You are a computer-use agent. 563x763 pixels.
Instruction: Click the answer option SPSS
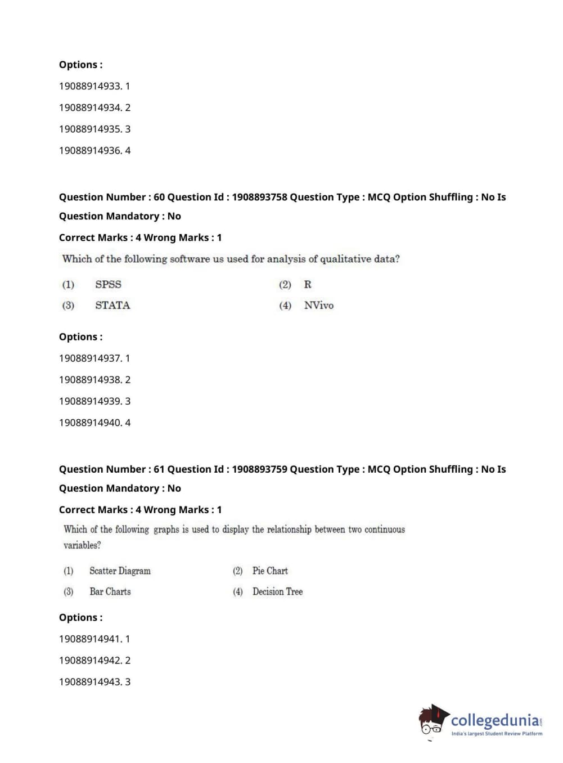108,285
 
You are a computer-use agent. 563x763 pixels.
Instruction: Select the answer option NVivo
318,306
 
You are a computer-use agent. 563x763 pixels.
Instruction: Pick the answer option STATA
112,306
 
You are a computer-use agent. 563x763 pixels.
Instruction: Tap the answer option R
308,285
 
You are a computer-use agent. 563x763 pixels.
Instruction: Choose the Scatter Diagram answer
120,571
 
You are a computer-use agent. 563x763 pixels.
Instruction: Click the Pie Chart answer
270,571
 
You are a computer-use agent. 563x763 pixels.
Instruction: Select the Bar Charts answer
110,592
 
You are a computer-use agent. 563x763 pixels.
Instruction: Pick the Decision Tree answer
277,592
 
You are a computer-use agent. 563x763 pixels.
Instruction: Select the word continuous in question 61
385,529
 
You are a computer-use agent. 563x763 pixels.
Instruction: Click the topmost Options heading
80,65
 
